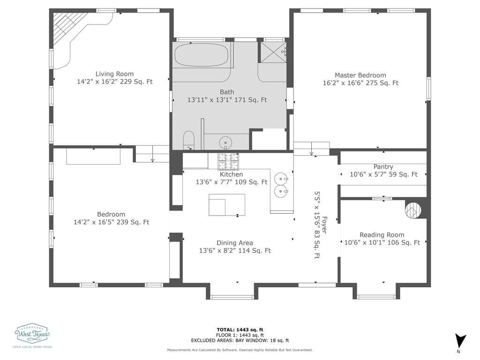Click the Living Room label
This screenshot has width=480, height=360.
114,74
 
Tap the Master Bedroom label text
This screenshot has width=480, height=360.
360,75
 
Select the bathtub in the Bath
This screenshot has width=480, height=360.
201,55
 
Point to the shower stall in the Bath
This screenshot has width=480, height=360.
273,51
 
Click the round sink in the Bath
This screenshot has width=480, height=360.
226,142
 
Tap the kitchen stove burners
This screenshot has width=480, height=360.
228,161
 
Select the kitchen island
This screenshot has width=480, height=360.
227,204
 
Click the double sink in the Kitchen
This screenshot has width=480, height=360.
281,184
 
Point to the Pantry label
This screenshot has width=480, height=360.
383,167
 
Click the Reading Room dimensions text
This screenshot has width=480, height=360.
382,243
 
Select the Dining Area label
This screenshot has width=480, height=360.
234,243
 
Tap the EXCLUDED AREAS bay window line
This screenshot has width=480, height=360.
240,341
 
